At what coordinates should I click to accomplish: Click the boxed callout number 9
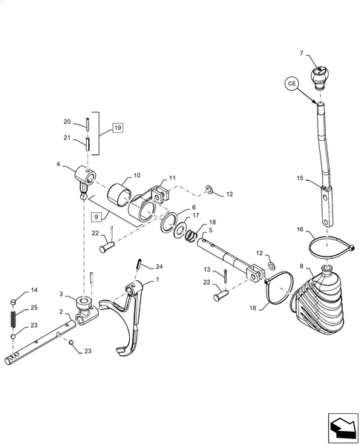(95, 217)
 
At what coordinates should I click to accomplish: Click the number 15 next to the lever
(300, 179)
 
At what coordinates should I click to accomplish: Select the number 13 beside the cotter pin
(208, 269)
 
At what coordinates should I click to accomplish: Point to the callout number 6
(194, 208)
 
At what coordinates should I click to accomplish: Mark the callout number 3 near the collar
(64, 294)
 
